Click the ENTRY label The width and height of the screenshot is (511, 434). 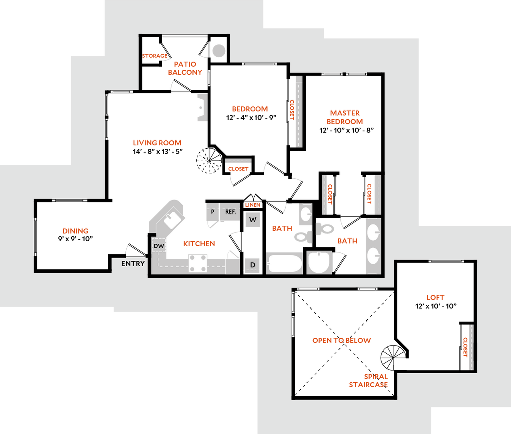[133, 264]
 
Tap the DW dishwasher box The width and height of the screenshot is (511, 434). [159, 246]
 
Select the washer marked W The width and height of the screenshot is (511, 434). [253, 220]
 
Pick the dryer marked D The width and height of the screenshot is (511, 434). [253, 265]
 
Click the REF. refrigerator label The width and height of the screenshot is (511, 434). [230, 212]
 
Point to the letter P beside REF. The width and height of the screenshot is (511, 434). [213, 212]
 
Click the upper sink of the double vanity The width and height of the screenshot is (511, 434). [373, 232]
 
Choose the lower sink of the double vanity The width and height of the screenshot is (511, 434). [373, 256]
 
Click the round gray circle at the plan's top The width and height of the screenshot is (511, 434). [218, 50]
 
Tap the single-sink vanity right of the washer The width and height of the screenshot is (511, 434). [305, 214]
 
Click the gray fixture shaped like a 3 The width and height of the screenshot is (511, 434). [201, 107]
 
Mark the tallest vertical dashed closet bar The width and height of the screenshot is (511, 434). [298, 111]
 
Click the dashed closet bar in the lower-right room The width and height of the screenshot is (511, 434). [470, 347]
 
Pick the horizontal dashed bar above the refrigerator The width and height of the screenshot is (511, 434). [238, 161]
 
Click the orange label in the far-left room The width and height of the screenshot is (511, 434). [75, 231]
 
